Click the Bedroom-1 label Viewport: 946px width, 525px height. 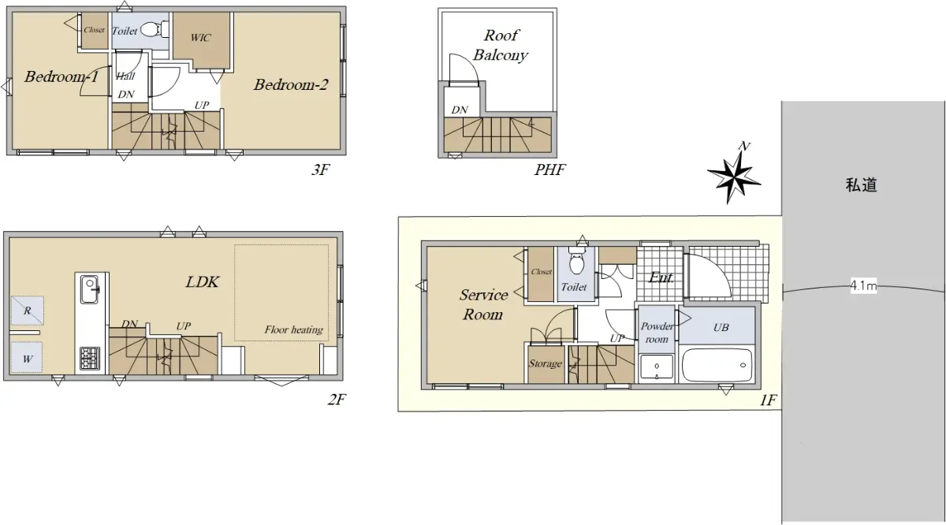[x=61, y=76]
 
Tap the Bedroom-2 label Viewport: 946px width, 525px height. [x=291, y=85]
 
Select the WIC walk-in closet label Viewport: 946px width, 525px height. [x=200, y=38]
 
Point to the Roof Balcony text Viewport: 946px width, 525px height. [x=501, y=45]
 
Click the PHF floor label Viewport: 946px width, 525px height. [x=549, y=169]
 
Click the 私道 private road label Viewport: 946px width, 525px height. [x=862, y=185]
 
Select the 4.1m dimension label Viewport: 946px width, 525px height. [x=863, y=286]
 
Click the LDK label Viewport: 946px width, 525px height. [x=203, y=281]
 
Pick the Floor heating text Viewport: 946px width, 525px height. [x=293, y=330]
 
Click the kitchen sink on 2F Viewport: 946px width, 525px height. [x=90, y=290]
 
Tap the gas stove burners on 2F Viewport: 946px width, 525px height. [x=90, y=358]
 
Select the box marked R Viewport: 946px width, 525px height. [x=28, y=311]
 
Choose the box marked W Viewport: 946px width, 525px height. [x=27, y=357]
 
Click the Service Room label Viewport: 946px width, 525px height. [x=483, y=304]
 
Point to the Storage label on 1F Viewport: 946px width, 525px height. [x=546, y=363]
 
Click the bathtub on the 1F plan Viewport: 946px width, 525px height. [x=717, y=365]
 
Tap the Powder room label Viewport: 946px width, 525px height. [x=657, y=333]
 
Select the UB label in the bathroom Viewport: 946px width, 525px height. [x=721, y=327]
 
